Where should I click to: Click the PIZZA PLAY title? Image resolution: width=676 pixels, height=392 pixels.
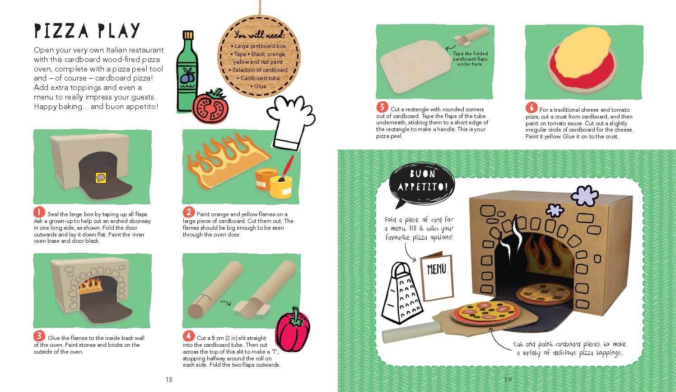(87, 31)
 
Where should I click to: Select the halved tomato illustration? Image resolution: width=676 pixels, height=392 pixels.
(210, 106)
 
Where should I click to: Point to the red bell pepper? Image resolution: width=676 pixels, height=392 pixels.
(293, 330)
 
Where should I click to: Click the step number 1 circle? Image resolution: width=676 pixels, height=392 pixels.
(39, 212)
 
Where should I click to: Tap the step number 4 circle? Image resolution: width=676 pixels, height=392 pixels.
(188, 336)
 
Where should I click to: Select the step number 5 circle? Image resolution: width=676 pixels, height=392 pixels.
(382, 107)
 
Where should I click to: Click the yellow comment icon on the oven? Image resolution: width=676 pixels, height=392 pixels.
(101, 178)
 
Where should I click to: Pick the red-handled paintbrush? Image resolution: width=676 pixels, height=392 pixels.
(286, 169)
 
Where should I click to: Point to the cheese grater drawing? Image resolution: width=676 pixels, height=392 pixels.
(402, 293)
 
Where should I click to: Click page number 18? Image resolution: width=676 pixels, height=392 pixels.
(169, 380)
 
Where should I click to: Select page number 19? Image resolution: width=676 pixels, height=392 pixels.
(508, 380)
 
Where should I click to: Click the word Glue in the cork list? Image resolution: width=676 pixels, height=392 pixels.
(260, 86)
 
